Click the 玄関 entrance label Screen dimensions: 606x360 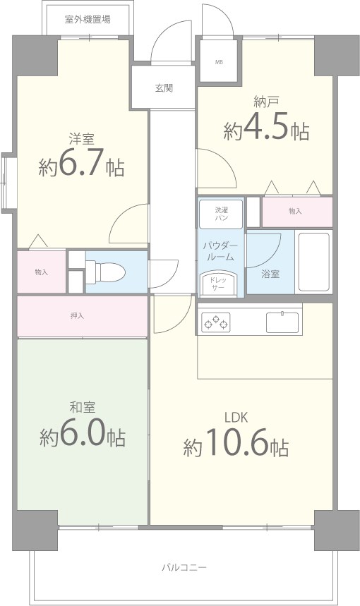point(164,88)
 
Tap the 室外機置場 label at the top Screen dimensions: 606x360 point(87,20)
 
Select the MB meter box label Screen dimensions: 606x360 point(219,61)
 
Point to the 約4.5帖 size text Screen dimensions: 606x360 point(266,131)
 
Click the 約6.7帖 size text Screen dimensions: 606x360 point(82,166)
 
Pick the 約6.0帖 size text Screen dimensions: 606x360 point(83,437)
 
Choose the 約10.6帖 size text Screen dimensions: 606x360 point(236,446)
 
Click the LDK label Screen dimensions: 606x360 point(236,418)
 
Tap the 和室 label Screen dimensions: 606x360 point(82,407)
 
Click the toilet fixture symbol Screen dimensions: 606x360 point(106,270)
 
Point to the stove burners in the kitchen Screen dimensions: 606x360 point(216,322)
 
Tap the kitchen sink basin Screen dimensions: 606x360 point(282,322)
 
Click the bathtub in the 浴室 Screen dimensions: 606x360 point(313,262)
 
